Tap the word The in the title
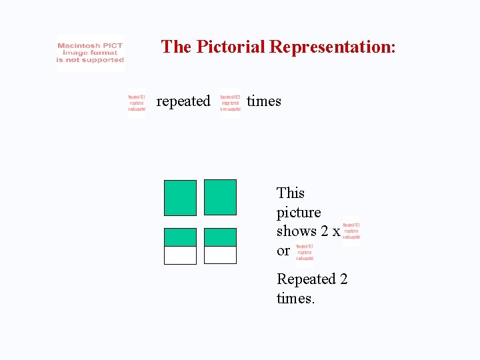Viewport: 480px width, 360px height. pyautogui.click(x=176, y=47)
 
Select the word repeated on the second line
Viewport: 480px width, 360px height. pyautogui.click(x=183, y=101)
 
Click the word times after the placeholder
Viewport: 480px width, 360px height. pyautogui.click(x=264, y=101)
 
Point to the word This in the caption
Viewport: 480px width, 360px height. pyautogui.click(x=291, y=193)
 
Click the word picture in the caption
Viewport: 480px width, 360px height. pyautogui.click(x=299, y=213)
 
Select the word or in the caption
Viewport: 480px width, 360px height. pyautogui.click(x=283, y=251)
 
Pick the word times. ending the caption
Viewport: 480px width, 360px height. pyautogui.click(x=295, y=298)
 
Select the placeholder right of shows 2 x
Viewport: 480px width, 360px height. pyautogui.click(x=351, y=231)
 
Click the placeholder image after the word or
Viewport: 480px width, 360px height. pyautogui.click(x=305, y=252)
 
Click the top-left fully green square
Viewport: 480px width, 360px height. pyautogui.click(x=180, y=197)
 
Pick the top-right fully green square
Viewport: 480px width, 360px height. pyautogui.click(x=220, y=197)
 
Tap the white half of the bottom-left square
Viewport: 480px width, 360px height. pyautogui.click(x=180, y=255)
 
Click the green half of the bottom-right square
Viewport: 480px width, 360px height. pyautogui.click(x=220, y=237)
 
